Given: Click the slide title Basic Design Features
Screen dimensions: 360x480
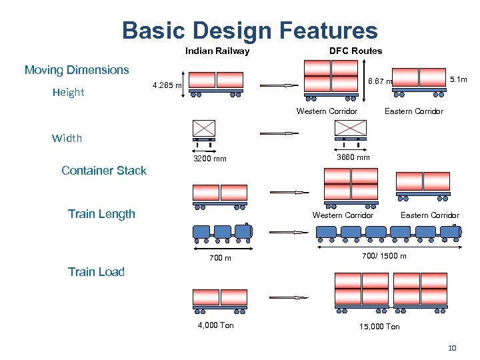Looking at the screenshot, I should pos(249,30).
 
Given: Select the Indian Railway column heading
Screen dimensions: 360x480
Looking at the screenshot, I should pos(217,51).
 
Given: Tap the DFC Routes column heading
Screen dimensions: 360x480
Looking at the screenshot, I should pos(355,51).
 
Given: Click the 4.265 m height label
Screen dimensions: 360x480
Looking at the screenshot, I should pos(167,85).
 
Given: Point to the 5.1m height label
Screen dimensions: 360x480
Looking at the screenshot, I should pos(459,79).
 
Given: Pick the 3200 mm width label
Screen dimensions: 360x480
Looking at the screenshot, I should pos(209,159).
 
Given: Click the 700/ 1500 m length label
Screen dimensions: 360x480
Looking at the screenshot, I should pos(383,256).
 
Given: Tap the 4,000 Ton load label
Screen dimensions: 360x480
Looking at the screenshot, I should pos(216,325).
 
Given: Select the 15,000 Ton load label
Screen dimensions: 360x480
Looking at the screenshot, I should pos(379,326).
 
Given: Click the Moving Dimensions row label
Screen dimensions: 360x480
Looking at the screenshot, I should pos(77,70).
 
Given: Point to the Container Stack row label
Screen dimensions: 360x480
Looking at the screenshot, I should pos(103,171).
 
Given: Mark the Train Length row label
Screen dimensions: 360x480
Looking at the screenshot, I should pos(101,214).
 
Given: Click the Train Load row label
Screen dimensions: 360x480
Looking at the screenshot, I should pos(96,271).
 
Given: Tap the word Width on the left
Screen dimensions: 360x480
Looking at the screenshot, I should pos(67,139).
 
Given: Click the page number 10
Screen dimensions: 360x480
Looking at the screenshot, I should pos(451,348).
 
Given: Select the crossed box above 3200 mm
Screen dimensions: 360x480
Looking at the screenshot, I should pos(205,129).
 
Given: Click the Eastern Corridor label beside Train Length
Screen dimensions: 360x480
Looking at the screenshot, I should pos(429,215).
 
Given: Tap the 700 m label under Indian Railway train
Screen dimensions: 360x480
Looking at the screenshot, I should pos(220,258).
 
